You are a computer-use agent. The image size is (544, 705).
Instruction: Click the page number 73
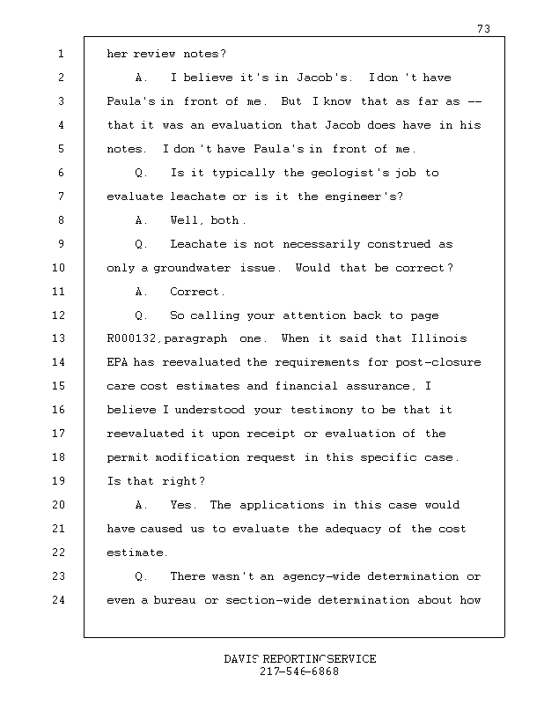(x=483, y=29)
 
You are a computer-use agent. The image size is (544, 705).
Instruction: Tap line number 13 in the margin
(x=59, y=339)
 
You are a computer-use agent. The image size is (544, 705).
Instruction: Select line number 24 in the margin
(x=59, y=601)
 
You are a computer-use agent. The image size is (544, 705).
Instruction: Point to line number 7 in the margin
(x=59, y=197)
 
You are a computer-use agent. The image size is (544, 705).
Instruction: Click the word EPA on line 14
(x=117, y=363)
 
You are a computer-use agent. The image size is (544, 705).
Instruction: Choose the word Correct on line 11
(x=197, y=292)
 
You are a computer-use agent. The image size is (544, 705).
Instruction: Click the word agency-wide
(x=322, y=577)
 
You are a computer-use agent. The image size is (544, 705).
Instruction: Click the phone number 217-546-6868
(x=299, y=672)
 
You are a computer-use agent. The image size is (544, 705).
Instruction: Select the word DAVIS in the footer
(x=241, y=660)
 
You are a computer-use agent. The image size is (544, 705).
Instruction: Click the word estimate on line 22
(x=136, y=553)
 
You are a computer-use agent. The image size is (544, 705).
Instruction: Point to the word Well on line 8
(x=187, y=220)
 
